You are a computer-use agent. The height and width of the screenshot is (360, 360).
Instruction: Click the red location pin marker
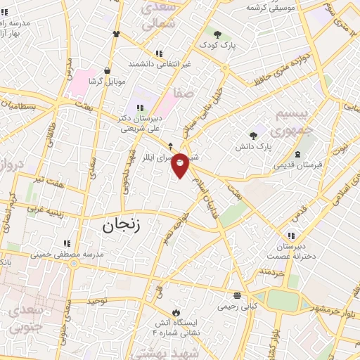181,165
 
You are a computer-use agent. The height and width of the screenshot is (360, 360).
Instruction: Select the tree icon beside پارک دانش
253,135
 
